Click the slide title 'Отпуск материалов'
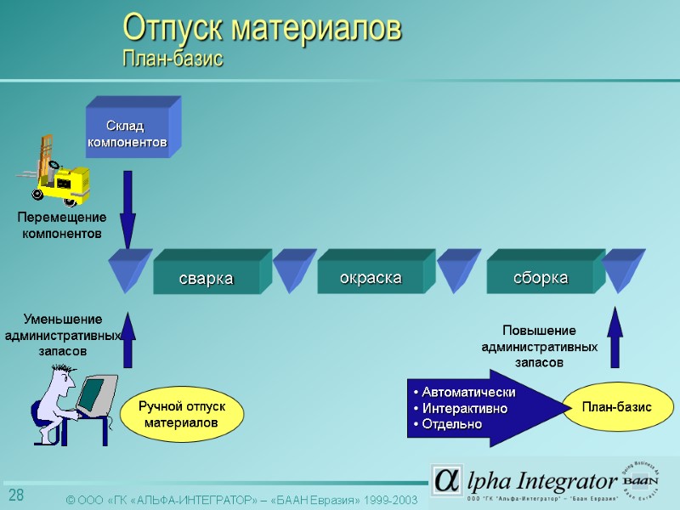[x=262, y=28]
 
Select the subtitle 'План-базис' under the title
[x=173, y=59]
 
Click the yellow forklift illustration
[x=58, y=173]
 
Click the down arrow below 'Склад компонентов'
[x=127, y=208]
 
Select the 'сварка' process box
[x=206, y=279]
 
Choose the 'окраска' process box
[x=370, y=278]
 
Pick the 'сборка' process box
[x=540, y=278]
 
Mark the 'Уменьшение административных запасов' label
[x=62, y=335]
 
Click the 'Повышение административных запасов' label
[x=539, y=345]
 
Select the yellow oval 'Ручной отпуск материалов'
[x=181, y=415]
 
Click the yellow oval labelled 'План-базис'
[x=615, y=408]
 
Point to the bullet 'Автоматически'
[x=464, y=392]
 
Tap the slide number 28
[x=16, y=496]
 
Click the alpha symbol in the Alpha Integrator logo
[x=446, y=480]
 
